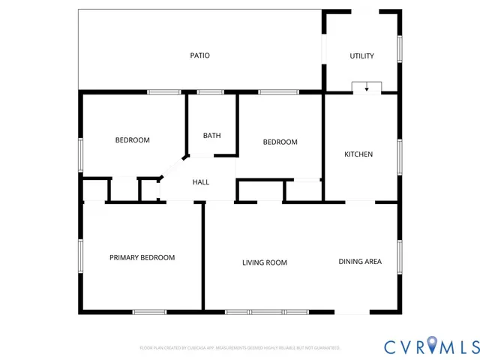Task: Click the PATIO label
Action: (199, 55)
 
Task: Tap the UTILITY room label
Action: (361, 56)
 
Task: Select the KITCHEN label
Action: (358, 154)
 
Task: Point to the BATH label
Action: (211, 136)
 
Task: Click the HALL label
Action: (201, 182)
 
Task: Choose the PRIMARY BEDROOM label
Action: (142, 257)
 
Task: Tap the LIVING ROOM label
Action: (265, 262)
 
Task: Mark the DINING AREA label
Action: (360, 261)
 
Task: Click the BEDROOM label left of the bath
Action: (132, 140)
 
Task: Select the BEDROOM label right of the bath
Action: (280, 142)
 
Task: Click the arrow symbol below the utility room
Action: (367, 88)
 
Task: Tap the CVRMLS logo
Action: (431, 346)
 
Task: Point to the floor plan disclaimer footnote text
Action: (240, 348)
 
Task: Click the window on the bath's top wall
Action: (211, 92)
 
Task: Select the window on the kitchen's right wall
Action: (400, 156)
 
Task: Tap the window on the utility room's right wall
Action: (400, 49)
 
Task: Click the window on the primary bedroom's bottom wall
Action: (149, 311)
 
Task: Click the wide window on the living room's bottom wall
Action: (266, 311)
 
